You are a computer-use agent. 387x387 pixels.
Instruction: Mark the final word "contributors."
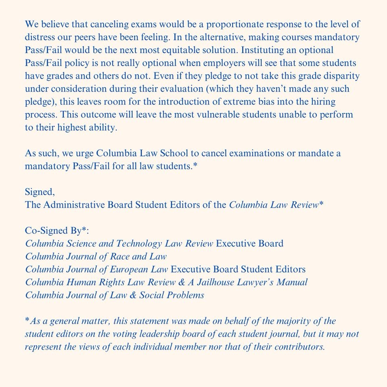pos(297,347)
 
